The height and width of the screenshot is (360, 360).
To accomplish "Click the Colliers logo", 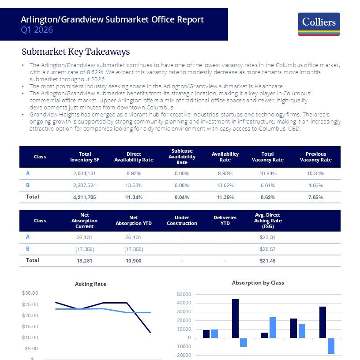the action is click(319, 24).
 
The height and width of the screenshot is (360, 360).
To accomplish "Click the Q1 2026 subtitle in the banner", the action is click(37, 30).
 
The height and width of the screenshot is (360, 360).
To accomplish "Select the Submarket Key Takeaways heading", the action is click(76, 52).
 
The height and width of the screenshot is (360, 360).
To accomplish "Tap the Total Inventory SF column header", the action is click(85, 157).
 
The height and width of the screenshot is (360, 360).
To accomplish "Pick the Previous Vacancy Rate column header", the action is click(316, 157).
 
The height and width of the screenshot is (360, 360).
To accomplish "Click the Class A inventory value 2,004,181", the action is click(85, 173).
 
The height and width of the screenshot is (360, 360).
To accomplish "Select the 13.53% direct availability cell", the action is click(134, 185).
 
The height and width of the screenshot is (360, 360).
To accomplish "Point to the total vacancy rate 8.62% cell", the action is click(268, 197).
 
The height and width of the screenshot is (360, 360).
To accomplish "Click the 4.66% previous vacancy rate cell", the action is click(316, 185).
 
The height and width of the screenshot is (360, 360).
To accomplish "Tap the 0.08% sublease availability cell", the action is click(182, 185).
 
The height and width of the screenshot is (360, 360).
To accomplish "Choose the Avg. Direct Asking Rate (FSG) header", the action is click(268, 221).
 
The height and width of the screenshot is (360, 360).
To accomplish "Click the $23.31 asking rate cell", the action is click(267, 237).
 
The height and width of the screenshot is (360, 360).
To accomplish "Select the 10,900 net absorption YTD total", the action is click(134, 261).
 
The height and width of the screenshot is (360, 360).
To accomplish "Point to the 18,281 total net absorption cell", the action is click(85, 261).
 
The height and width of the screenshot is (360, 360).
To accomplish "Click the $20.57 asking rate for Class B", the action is click(267, 249).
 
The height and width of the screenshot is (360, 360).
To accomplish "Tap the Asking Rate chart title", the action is click(90, 284).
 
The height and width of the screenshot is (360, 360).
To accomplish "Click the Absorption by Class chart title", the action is click(258, 283).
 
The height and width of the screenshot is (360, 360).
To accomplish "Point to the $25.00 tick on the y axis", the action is click(30, 304).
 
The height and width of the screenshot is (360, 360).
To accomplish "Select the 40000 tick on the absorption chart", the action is click(184, 303).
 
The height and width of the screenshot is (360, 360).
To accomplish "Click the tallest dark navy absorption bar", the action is click(235, 319).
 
